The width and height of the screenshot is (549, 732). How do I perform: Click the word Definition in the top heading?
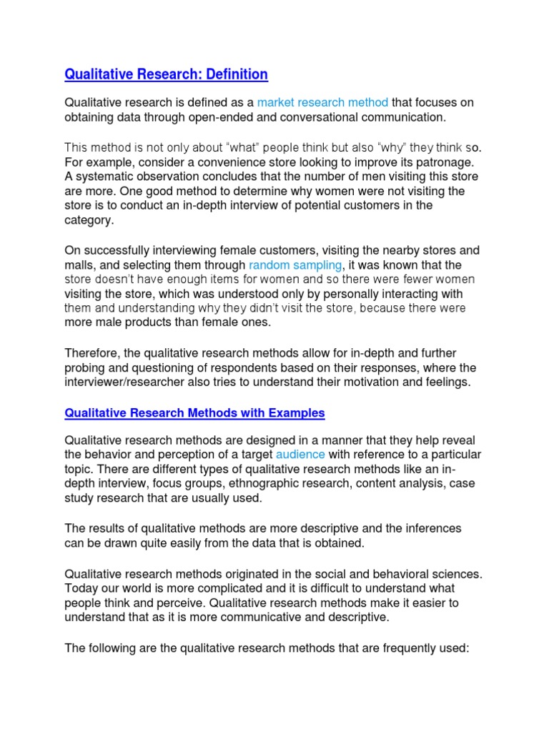234,74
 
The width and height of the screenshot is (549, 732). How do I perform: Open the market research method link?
322,103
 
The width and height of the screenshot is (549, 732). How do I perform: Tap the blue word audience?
300,455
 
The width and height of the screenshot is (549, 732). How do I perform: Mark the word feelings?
447,382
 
